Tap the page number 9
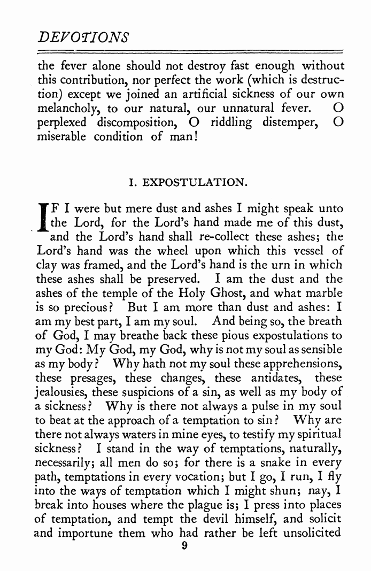tap(184, 546)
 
